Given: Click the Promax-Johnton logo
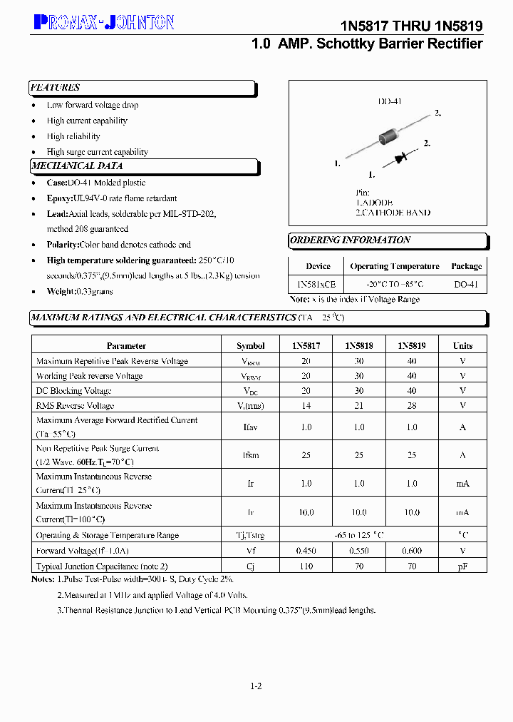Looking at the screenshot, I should coord(103,23).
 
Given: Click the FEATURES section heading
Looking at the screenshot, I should coord(56,88).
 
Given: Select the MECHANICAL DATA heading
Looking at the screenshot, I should coord(77,166).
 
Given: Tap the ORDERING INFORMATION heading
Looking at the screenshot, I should coord(351,240).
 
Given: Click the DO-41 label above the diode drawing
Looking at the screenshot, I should coord(389,102).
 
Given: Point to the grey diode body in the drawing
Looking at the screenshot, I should coord(389,136).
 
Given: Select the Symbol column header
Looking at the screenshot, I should coord(251,346).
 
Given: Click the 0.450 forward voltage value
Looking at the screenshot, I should coord(306,551).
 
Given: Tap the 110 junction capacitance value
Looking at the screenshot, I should coord(306,566).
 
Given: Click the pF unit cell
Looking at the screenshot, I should coord(462,566).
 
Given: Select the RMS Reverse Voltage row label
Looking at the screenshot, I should coord(75,406).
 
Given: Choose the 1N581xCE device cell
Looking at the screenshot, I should coord(316,284).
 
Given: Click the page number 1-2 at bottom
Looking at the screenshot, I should coord(256,686).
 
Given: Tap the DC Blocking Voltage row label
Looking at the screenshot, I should coord(73,391).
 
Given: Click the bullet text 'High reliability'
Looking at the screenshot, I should coord(73,136).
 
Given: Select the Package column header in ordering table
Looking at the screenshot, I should coord(466,266).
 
